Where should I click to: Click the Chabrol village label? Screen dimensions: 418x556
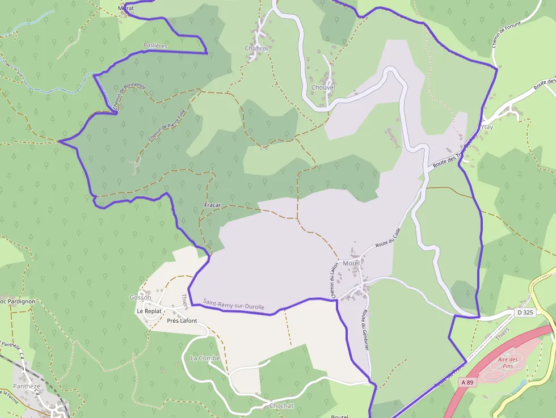click(x=256, y=49)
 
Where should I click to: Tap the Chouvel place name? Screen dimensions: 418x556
click(x=323, y=87)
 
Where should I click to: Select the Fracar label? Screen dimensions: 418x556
click(x=212, y=205)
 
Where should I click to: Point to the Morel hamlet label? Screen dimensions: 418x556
click(x=351, y=263)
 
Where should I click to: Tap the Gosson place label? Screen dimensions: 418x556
click(x=140, y=297)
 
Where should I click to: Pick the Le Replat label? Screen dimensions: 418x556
click(x=149, y=311)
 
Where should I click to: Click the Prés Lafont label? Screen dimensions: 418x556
click(x=182, y=321)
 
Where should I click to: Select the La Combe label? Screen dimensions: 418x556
click(x=205, y=358)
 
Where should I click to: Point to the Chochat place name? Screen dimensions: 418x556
click(x=281, y=406)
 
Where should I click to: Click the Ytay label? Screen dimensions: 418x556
click(x=487, y=127)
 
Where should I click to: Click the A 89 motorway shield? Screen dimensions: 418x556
click(x=467, y=383)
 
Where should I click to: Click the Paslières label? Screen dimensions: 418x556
click(x=155, y=45)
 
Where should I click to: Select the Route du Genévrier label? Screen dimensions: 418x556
click(x=364, y=332)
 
